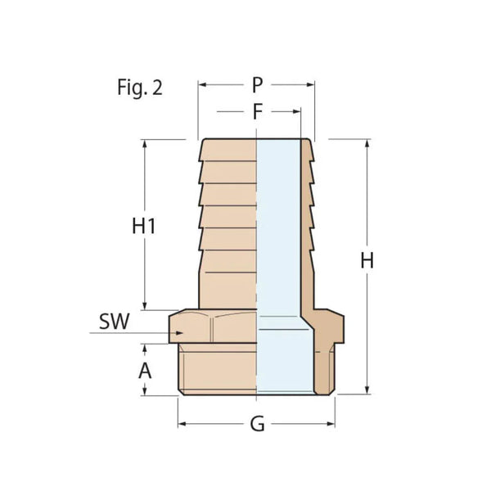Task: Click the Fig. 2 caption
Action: pyautogui.click(x=139, y=88)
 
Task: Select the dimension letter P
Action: pyautogui.click(x=257, y=84)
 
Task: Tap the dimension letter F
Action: pyautogui.click(x=257, y=112)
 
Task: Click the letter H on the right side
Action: pyautogui.click(x=367, y=261)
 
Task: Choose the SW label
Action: pyautogui.click(x=115, y=322)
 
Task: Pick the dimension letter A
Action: pyautogui.click(x=145, y=370)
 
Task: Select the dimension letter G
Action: pyautogui.click(x=257, y=426)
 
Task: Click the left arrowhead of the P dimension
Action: pyautogui.click(x=202, y=84)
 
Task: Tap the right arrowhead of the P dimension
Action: pyautogui.click(x=311, y=84)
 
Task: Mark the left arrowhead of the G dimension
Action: pyautogui.click(x=182, y=424)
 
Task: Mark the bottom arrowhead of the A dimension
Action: pyautogui.click(x=145, y=392)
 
